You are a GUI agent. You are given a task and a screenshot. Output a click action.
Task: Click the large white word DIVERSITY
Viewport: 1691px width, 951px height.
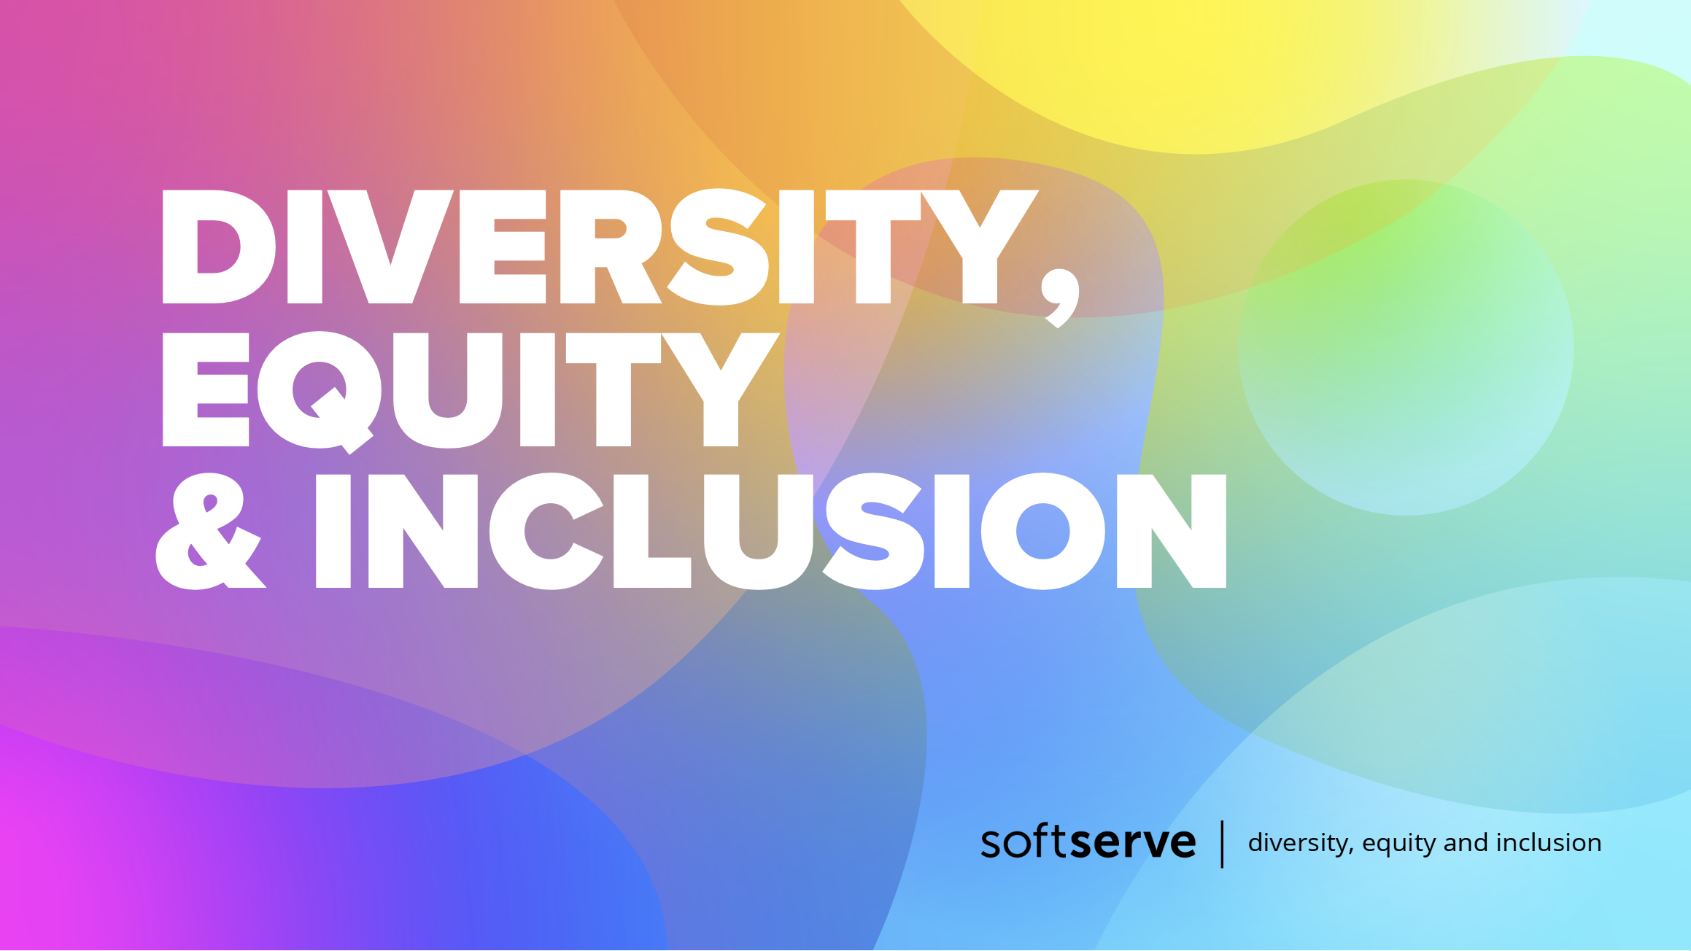pos(600,247)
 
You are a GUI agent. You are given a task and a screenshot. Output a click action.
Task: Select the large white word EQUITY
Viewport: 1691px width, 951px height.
pos(471,389)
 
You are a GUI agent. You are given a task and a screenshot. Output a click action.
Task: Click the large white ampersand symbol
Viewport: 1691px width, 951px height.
pos(210,531)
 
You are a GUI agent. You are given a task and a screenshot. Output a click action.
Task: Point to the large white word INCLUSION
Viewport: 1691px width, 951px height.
pos(770,531)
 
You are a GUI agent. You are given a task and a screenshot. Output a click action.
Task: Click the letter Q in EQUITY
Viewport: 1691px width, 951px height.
pos(320,392)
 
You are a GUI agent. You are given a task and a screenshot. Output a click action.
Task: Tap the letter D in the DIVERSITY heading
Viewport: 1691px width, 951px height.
pos(219,247)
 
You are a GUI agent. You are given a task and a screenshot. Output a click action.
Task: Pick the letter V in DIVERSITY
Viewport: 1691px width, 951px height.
pos(390,247)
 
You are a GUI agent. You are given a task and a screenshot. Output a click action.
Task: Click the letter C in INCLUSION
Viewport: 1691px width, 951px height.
pos(546,531)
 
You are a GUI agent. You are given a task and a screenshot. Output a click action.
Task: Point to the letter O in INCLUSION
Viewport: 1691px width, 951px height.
pos(1043,531)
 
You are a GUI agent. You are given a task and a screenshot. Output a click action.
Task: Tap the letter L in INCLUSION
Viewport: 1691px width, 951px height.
pos(652,531)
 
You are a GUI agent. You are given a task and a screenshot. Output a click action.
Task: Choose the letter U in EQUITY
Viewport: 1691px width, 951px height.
pos(448,391)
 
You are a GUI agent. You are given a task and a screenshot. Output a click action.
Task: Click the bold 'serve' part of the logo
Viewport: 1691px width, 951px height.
pos(1133,842)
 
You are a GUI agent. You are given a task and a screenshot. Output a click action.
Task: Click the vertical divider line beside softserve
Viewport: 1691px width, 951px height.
pos(1222,844)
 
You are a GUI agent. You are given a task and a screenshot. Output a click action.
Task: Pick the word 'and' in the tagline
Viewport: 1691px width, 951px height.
pos(1466,842)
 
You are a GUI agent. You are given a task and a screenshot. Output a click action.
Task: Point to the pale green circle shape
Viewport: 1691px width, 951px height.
pos(1406,347)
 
